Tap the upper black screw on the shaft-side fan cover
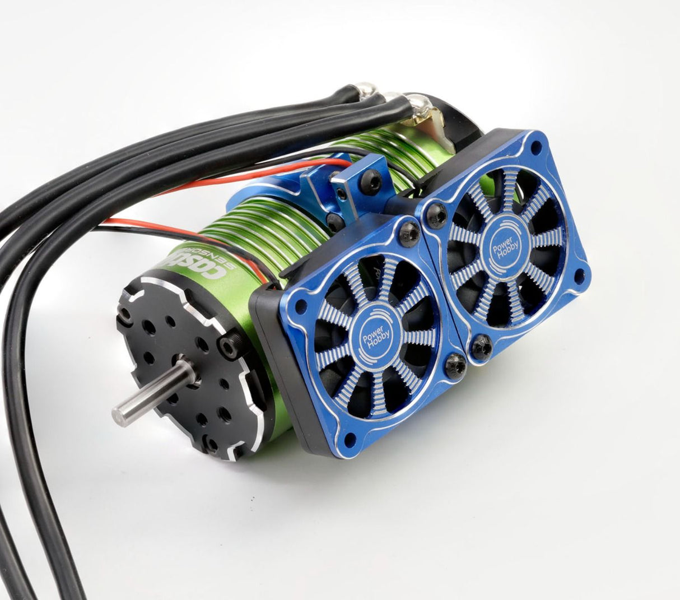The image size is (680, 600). point(410,234)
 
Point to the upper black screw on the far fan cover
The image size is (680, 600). point(435,213)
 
